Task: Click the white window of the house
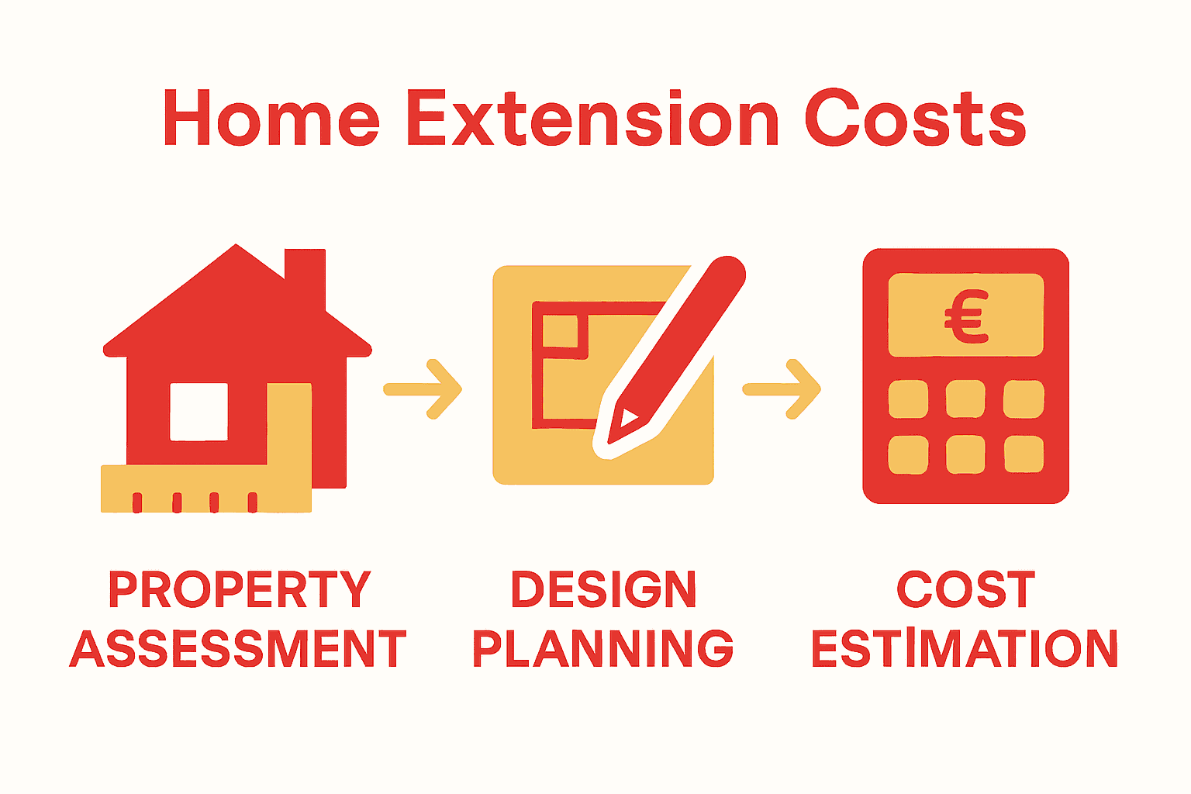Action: click(x=199, y=412)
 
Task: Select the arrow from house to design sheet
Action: click(x=423, y=389)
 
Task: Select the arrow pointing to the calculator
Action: click(x=782, y=389)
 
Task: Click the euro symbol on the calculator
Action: click(x=966, y=316)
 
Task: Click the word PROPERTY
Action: click(x=240, y=590)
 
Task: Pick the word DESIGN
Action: click(x=603, y=590)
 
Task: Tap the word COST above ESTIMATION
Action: click(x=965, y=590)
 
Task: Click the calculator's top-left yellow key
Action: click(x=908, y=399)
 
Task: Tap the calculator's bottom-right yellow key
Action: click(x=1024, y=454)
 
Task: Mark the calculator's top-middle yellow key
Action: click(x=965, y=399)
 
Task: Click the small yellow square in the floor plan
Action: click(x=560, y=331)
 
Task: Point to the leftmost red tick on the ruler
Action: click(x=137, y=502)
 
